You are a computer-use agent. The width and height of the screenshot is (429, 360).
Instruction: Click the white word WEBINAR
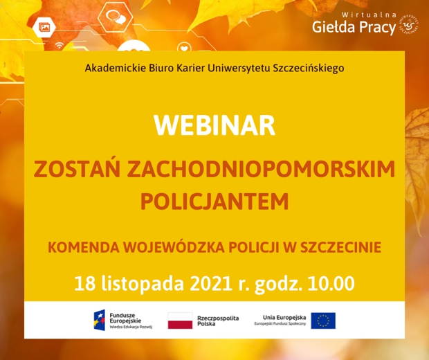(214, 125)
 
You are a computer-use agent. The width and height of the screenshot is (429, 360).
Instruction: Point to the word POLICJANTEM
(214, 201)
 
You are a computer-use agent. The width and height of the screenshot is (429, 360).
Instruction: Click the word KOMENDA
(84, 247)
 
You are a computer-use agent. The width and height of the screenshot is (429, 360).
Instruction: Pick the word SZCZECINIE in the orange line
(340, 247)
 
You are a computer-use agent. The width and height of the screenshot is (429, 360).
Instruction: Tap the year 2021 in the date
(211, 284)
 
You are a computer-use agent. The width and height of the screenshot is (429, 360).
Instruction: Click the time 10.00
(331, 284)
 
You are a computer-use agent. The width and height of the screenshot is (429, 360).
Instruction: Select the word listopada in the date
(143, 284)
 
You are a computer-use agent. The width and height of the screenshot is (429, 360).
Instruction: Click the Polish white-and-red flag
(180, 321)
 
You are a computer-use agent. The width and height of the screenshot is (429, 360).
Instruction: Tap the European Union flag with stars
(323, 321)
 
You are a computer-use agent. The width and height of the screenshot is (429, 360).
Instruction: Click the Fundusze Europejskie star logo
(100, 320)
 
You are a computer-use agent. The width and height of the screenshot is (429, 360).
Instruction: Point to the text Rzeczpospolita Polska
(218, 321)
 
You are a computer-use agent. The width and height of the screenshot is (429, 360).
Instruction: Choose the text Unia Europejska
(284, 318)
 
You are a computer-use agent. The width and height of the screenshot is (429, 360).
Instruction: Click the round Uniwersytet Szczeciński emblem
(408, 24)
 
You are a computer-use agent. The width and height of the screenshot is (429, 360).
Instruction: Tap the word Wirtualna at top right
(369, 15)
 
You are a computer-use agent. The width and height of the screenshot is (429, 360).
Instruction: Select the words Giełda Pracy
(354, 28)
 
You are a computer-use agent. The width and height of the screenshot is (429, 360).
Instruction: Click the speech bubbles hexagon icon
(116, 17)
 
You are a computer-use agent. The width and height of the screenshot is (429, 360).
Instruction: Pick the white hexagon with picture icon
(44, 28)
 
